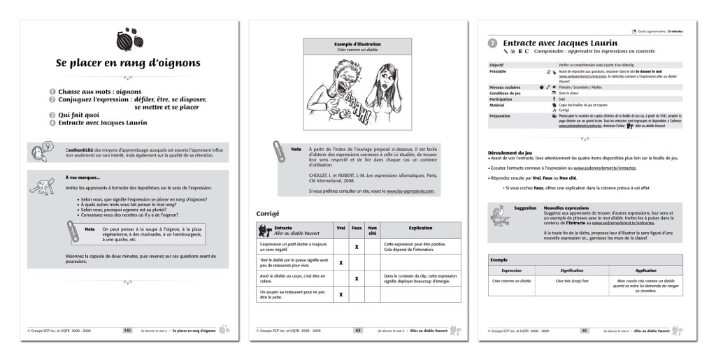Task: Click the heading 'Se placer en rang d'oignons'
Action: pyautogui.click(x=128, y=63)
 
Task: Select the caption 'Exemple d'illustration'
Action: pyautogui.click(x=357, y=43)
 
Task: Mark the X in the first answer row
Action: pyautogui.click(x=357, y=246)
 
